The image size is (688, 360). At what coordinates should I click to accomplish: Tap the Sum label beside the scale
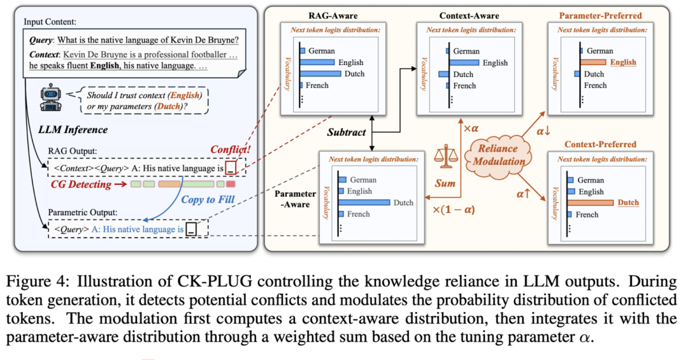[x=445, y=184]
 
